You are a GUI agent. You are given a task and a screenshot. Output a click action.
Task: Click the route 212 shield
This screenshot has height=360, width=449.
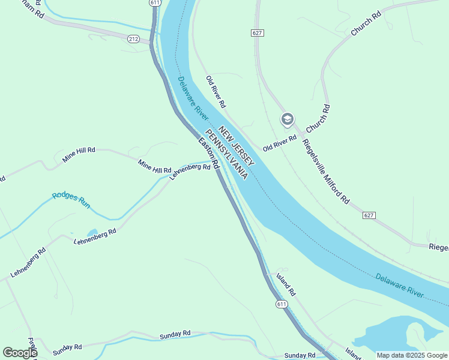point(133,39)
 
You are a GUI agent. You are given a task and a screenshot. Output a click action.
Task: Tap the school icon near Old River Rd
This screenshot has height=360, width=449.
point(287,120)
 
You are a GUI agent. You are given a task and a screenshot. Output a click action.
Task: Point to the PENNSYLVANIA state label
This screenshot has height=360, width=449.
point(227,154)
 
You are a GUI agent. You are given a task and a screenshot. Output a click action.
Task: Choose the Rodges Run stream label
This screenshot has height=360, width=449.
point(71,200)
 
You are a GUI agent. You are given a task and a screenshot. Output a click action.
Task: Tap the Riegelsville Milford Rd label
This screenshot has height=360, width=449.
point(326,171)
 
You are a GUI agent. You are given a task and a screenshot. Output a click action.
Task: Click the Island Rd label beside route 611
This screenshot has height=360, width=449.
point(286,285)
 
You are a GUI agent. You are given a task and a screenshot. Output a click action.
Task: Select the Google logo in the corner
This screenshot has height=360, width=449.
point(20,352)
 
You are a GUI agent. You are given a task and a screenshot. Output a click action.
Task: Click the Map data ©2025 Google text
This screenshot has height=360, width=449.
point(412,355)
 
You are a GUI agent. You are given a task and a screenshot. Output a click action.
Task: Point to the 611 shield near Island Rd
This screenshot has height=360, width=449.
point(282,305)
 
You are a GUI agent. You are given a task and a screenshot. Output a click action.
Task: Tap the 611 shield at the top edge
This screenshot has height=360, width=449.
point(155,3)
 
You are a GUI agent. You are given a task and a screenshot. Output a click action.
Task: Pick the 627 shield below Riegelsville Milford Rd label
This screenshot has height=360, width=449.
point(369,214)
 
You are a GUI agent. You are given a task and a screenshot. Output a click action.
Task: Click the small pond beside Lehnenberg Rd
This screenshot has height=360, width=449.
point(92,232)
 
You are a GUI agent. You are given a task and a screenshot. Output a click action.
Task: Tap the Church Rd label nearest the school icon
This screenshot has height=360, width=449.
point(318,119)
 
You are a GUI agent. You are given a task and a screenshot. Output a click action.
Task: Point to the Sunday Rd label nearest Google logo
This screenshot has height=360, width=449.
point(67,347)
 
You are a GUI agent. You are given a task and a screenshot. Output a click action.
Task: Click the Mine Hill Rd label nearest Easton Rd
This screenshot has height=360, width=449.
point(154,167)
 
